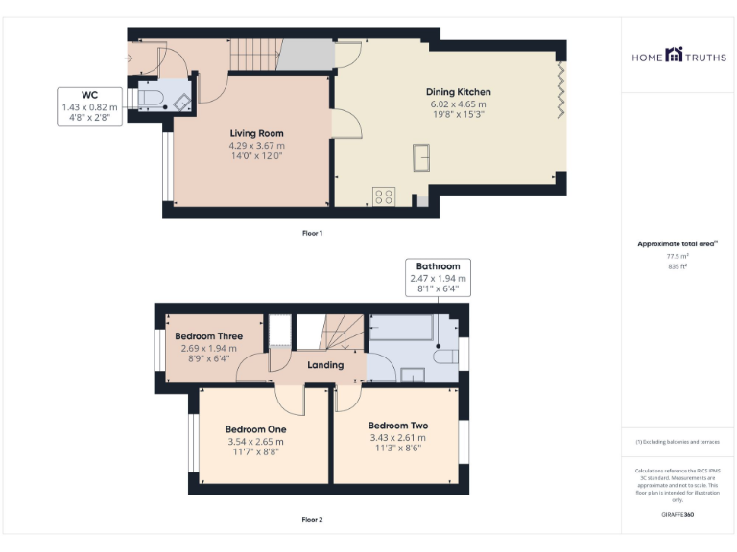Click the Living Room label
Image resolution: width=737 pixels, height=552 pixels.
click(x=256, y=133)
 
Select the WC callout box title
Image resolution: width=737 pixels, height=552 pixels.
click(x=89, y=95)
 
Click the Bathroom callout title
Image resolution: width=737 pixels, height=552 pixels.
click(x=438, y=265)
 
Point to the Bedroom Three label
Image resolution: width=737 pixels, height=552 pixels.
click(x=208, y=336)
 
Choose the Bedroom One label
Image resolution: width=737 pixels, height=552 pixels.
click(x=255, y=429)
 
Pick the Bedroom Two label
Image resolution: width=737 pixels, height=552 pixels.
click(x=397, y=425)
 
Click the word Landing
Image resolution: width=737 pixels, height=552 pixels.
click(x=325, y=365)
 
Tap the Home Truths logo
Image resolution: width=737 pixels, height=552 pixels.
click(x=678, y=57)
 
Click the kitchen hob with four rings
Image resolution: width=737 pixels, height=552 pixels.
click(x=384, y=195)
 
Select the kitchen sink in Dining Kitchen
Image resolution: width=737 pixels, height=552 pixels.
click(x=420, y=156)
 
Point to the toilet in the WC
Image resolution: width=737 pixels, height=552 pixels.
click(x=153, y=97)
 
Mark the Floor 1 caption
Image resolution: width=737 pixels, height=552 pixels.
click(x=313, y=233)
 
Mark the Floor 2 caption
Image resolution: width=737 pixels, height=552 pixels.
click(x=313, y=520)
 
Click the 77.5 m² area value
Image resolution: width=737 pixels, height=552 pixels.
click(x=678, y=257)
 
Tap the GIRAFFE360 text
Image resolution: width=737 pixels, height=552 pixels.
click(x=678, y=515)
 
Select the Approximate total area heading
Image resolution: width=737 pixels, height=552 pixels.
click(x=678, y=243)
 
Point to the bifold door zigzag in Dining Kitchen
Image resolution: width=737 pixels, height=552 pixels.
click(x=560, y=91)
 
